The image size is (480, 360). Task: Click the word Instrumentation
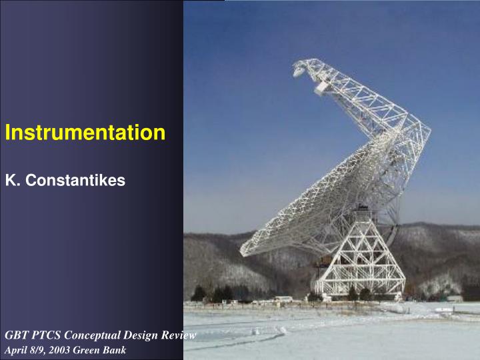point(85,133)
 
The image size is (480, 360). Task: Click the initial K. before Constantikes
point(12,180)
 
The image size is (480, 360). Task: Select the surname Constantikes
point(74,180)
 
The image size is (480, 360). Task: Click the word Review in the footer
point(179,335)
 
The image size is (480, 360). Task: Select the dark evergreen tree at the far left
point(199,293)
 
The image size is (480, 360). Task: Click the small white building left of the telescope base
point(283,299)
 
